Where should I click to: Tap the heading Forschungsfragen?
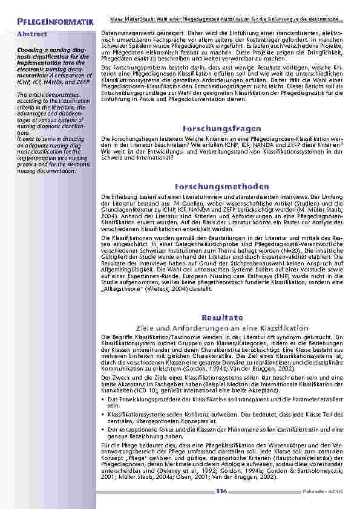click(216, 129)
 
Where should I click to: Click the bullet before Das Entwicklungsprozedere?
click(103, 399)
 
